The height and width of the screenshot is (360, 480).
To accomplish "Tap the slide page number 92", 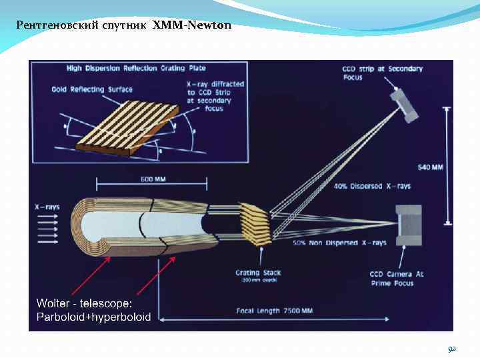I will click(452, 349).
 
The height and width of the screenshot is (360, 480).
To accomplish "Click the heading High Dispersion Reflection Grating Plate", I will click(136, 68).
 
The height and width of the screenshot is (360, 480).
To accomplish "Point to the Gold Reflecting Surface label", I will click(92, 89).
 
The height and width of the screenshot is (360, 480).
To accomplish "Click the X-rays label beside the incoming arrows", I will click(47, 207).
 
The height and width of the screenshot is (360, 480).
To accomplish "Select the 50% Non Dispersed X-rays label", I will click(334, 243).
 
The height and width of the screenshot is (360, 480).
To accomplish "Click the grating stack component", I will click(255, 224).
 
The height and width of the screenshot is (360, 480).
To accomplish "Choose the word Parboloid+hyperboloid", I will click(93, 316).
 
